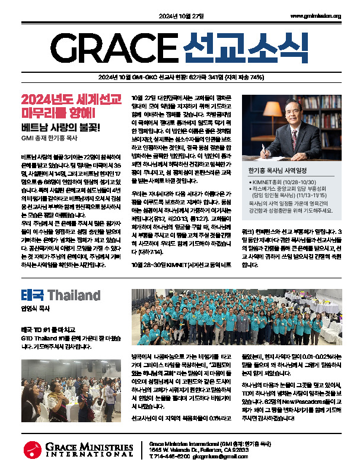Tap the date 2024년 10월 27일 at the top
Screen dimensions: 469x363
(x=181, y=16)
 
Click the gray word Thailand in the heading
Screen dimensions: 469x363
(x=74, y=295)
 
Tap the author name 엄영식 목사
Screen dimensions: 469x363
(x=34, y=309)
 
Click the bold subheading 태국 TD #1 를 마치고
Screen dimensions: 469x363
(x=49, y=329)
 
